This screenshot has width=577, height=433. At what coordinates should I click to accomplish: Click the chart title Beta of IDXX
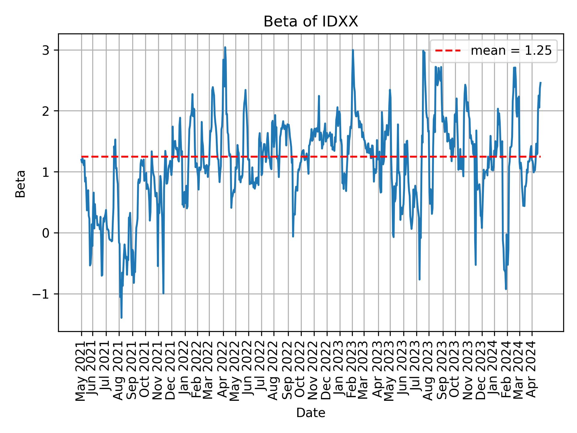tap(311, 22)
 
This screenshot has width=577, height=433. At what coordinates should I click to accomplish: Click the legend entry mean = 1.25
tap(511, 51)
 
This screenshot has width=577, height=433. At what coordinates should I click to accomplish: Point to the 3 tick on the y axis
tap(45, 50)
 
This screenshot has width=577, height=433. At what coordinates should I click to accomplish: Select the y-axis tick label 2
tap(45, 111)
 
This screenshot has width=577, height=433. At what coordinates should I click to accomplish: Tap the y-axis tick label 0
tap(45, 233)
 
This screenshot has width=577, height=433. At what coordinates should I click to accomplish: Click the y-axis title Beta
tap(20, 184)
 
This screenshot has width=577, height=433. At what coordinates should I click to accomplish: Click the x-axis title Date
tap(311, 413)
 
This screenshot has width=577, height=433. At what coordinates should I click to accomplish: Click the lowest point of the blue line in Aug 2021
tap(121, 318)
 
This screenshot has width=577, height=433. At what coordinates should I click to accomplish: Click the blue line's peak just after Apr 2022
tap(225, 47)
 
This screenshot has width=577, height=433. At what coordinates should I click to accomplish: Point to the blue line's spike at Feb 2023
tap(353, 50)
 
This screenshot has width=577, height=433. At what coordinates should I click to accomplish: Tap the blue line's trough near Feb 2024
tap(506, 289)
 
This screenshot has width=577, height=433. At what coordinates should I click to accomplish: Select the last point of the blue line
tap(541, 82)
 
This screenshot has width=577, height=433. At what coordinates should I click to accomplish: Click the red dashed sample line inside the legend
tap(448, 51)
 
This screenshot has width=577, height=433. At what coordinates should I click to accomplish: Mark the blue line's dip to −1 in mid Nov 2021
tap(163, 293)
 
